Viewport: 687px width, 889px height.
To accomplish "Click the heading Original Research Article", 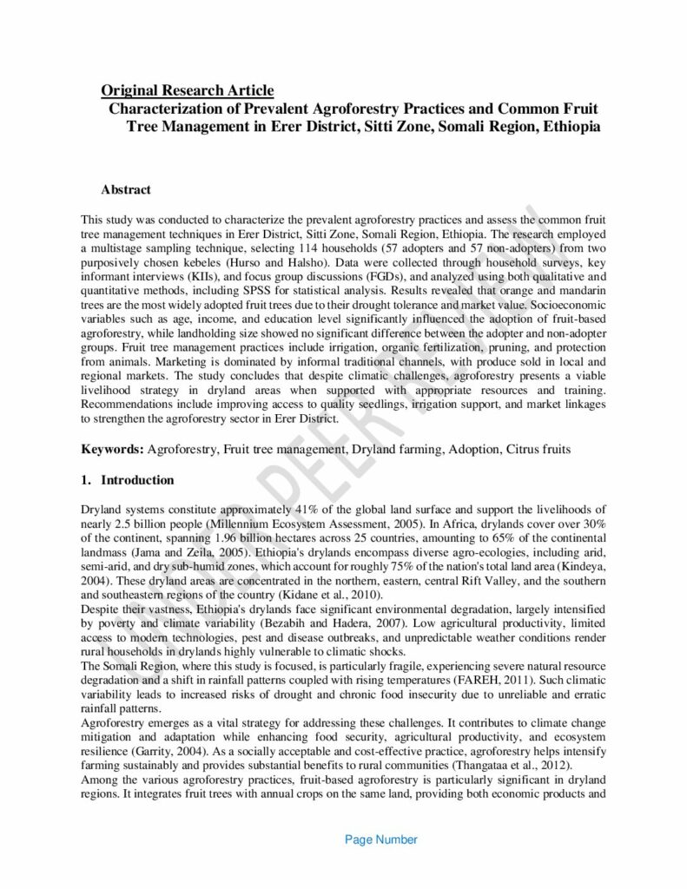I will point(188,90).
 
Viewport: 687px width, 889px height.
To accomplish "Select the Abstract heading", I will point(126,188).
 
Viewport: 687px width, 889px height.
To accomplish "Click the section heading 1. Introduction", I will point(128,480).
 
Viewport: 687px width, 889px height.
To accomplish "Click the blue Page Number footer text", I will point(381,840).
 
